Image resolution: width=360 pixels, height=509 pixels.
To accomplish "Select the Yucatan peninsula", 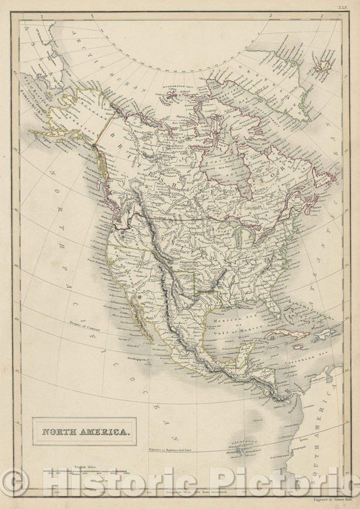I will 252,352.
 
